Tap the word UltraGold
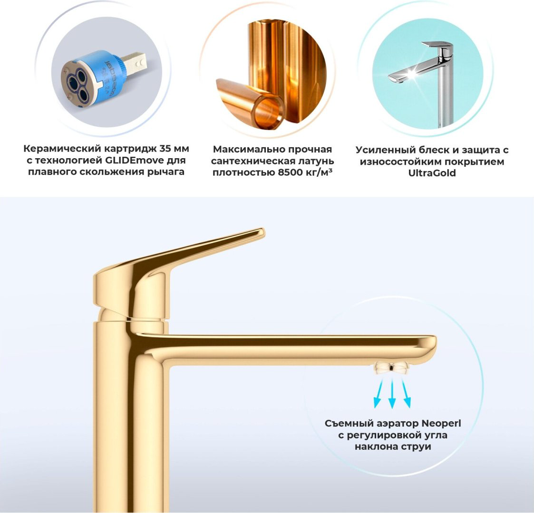[432, 173]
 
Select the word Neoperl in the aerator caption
[441, 423]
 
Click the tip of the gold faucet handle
[261, 232]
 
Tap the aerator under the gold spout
[392, 368]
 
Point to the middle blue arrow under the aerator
[392, 394]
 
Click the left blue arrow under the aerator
[379, 393]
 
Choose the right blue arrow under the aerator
[406, 393]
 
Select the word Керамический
[62, 149]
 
